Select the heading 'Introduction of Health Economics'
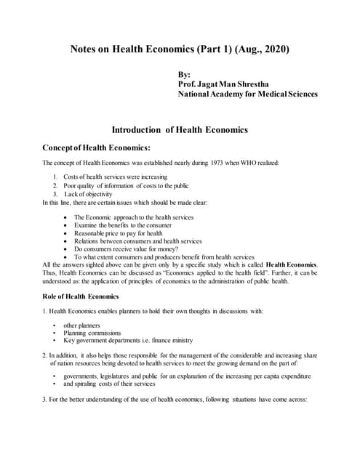point(180,130)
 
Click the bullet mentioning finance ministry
point(127,340)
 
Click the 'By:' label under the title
point(184,74)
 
